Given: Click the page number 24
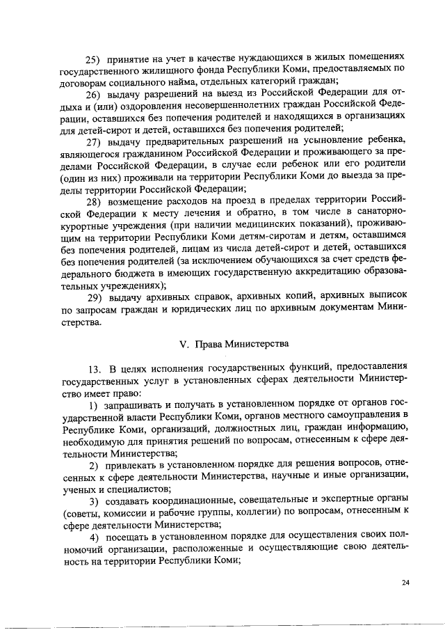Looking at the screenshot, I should click(405, 583).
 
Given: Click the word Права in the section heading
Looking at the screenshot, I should click(211, 344).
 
